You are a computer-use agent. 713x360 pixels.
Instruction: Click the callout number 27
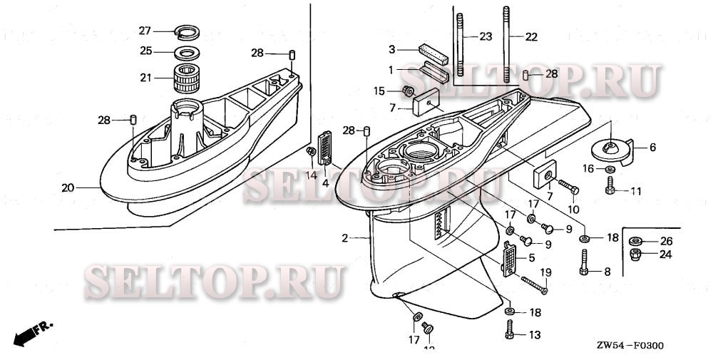coord(145,31)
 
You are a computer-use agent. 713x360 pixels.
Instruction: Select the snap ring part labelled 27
coord(186,31)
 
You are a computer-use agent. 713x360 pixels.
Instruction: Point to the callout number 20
coord(68,188)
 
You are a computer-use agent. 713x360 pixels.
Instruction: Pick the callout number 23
coord(486,36)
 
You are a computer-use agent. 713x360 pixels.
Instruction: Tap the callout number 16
coord(588,168)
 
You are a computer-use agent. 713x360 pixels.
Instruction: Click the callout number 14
coord(311,175)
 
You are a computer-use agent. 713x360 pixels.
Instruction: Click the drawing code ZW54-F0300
coord(630,346)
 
